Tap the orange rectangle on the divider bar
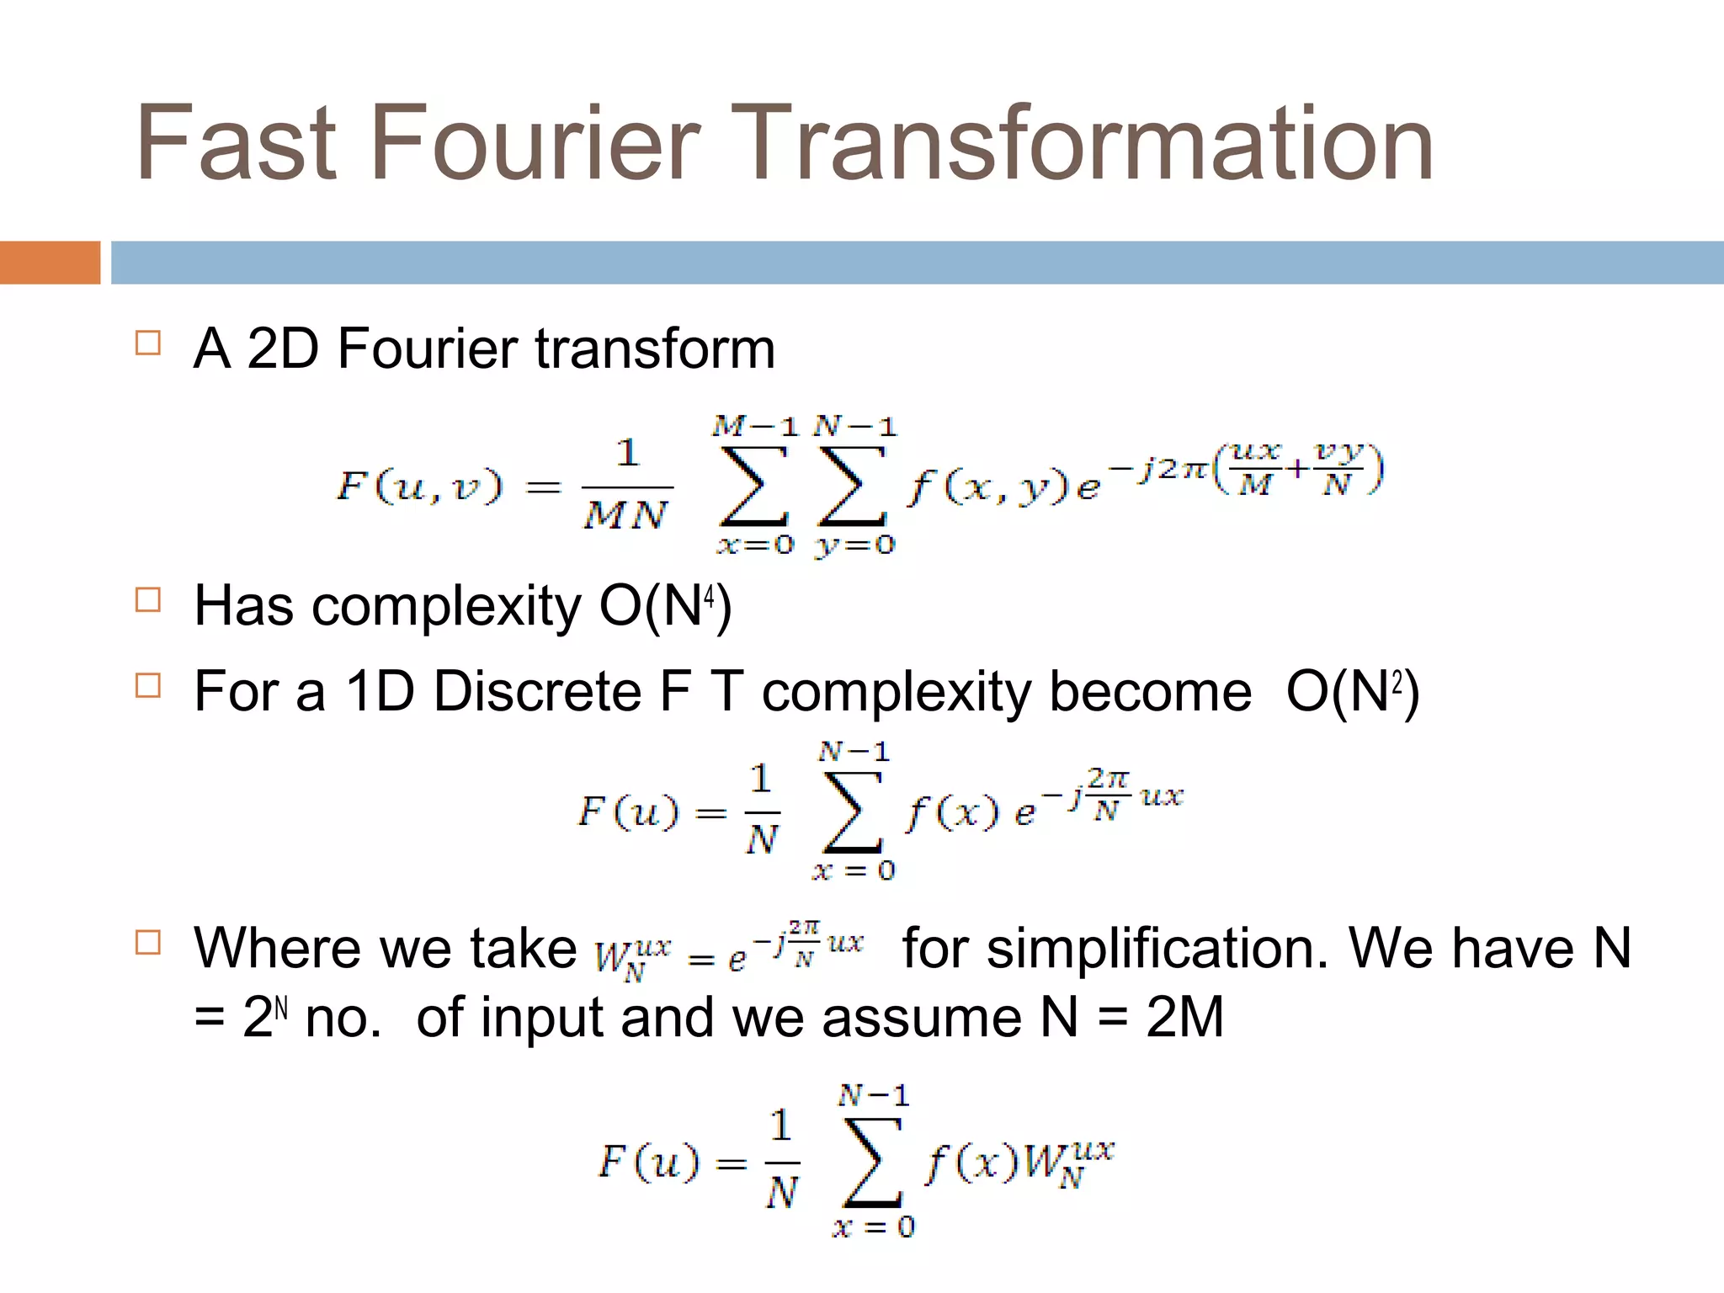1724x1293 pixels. (50, 263)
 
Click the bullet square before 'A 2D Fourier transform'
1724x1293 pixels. (148, 343)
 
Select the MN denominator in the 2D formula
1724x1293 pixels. (626, 514)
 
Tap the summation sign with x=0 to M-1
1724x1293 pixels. (754, 486)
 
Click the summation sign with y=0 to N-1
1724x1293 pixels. (854, 486)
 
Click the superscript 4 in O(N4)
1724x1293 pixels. (710, 596)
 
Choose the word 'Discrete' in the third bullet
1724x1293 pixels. (536, 692)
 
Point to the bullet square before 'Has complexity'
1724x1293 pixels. (148, 600)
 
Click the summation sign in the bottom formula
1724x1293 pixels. (872, 1162)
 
